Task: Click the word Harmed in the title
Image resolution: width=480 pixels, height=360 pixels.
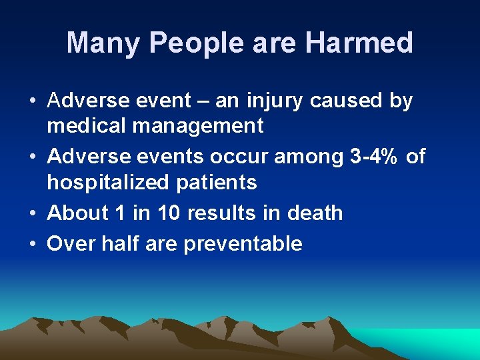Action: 360,43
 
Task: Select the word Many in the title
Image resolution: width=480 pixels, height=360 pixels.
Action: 103,43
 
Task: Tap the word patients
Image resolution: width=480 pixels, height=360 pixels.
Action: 219,181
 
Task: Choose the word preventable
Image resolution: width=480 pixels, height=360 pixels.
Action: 243,244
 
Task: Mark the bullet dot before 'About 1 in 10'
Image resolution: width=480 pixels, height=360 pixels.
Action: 33,213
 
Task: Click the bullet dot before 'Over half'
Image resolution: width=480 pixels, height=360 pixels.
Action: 33,244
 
